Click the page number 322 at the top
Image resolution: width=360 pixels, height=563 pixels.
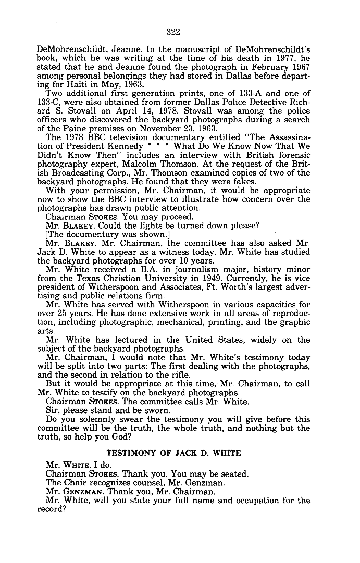[173, 32]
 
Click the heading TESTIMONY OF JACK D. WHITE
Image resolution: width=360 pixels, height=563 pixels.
[173, 453]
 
